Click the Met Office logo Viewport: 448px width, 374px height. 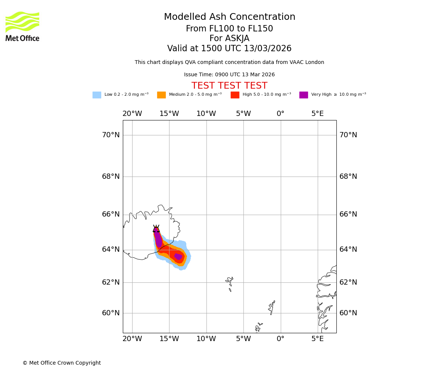(x=22, y=26)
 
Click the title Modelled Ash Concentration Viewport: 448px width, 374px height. (x=229, y=17)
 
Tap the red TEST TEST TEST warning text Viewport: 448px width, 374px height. (x=229, y=86)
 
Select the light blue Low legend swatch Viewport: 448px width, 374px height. (x=97, y=95)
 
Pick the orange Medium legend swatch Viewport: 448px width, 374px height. (x=161, y=95)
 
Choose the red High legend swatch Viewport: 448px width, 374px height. (x=235, y=95)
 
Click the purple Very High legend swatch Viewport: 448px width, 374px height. (x=304, y=95)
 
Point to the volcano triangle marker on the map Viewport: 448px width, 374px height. (x=156, y=229)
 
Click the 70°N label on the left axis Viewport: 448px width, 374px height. (x=111, y=135)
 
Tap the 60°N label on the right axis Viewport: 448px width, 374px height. (x=348, y=313)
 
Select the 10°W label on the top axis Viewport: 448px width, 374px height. (x=206, y=114)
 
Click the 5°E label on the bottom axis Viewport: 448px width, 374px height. (x=318, y=339)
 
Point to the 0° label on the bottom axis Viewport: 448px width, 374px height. (x=280, y=339)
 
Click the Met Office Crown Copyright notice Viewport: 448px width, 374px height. (x=62, y=363)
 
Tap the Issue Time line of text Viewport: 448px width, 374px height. (x=229, y=75)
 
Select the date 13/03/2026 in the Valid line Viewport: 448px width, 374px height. (x=268, y=49)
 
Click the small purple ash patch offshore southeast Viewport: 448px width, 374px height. (x=178, y=257)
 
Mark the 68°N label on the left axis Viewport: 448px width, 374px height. (x=111, y=177)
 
